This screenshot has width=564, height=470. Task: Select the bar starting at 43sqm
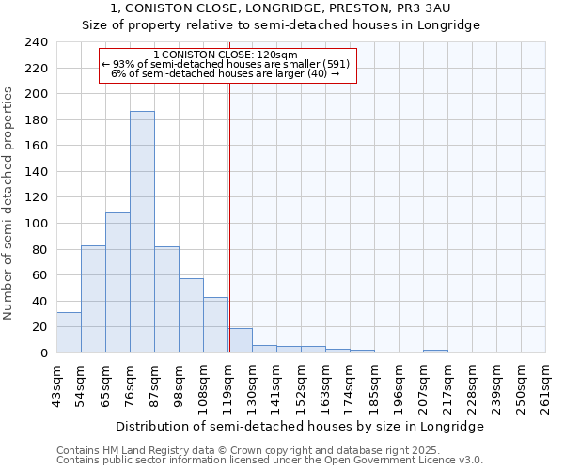click(69, 333)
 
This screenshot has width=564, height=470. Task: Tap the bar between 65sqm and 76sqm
click(117, 283)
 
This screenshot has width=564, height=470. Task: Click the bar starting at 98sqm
click(191, 316)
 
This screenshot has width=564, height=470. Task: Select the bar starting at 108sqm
click(215, 325)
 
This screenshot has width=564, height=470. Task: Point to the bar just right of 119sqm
click(240, 340)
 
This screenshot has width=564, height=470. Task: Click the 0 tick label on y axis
click(43, 352)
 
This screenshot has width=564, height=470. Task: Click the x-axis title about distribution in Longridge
click(300, 426)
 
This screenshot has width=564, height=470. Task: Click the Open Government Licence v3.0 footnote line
click(270, 461)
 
